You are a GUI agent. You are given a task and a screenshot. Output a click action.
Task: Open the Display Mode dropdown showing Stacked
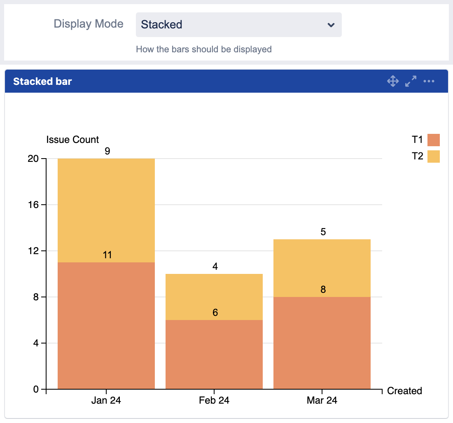238,25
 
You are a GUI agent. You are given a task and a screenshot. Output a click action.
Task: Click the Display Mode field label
89,24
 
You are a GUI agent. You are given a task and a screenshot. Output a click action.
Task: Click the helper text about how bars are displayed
204,49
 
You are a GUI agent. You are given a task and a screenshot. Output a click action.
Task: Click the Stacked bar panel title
42,82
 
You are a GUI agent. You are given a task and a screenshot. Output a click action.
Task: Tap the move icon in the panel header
393,81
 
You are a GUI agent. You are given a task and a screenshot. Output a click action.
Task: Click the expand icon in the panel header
411,81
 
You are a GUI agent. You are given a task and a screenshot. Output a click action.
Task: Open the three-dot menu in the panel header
429,81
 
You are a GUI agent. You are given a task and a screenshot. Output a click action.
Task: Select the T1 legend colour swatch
434,140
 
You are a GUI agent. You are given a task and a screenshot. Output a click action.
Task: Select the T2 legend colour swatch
434,157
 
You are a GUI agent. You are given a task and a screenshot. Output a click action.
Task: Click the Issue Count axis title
72,140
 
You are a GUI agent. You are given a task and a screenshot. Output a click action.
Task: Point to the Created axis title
404,391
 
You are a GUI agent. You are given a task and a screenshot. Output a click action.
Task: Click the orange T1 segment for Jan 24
106,325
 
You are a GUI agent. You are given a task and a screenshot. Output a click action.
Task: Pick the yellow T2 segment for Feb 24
214,297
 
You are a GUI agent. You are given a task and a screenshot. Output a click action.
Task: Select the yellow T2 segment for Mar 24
322,268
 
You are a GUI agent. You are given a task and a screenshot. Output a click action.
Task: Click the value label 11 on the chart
107,255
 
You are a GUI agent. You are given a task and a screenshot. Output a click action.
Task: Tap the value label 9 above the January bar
107,151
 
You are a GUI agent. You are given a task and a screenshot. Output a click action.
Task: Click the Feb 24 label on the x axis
214,400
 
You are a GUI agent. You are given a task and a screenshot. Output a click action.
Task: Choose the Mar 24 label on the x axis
322,400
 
